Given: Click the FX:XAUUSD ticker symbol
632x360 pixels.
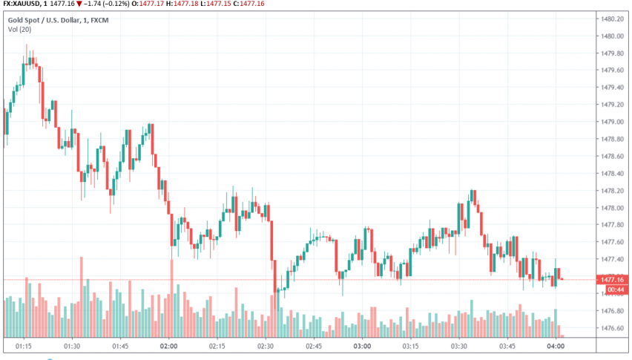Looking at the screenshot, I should click(x=23, y=4).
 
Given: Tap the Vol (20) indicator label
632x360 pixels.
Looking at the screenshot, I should click(x=19, y=29).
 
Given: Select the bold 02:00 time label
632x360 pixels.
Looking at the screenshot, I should click(x=169, y=346).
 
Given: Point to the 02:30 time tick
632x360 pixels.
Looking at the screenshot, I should click(x=266, y=346).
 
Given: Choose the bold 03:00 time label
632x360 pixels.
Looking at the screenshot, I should click(x=363, y=346).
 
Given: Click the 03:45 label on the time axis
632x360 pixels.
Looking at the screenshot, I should click(x=507, y=346).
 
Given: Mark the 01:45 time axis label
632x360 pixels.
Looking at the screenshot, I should click(x=121, y=346).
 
